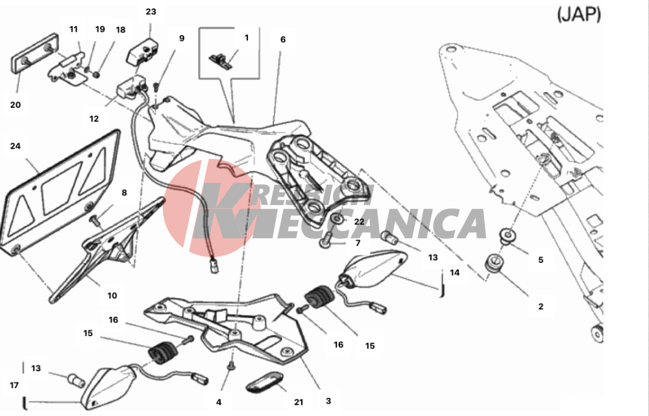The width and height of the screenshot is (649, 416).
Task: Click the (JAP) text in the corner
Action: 579,14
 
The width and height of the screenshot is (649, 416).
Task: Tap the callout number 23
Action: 151,12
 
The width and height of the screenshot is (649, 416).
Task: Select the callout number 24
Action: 16,146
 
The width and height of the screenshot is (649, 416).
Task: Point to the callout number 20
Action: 16,104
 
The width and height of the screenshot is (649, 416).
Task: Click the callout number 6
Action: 283,40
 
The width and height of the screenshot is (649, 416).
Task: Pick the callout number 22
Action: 359,222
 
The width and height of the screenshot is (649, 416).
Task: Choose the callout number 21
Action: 299,402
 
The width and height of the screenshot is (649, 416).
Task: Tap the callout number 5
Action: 541,260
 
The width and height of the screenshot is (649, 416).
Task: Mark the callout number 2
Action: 541,307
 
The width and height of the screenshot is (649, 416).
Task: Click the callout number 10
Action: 112,295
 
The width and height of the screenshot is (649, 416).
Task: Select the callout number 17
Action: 14,385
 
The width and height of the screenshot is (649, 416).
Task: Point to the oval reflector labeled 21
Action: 265,382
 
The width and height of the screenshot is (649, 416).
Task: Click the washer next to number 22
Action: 337,219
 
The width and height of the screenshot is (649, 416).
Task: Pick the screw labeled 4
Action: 232,365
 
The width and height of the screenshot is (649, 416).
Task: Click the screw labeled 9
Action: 156,87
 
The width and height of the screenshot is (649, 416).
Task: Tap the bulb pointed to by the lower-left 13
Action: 77,379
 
